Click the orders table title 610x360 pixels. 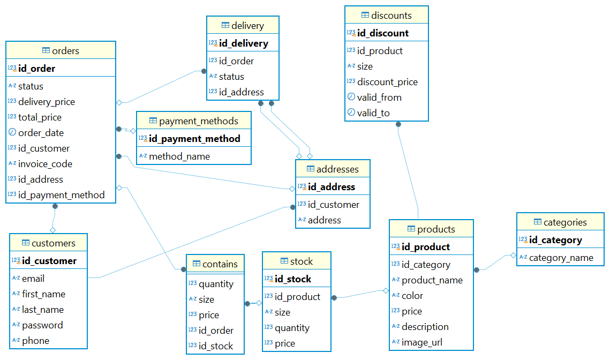[x=65, y=51]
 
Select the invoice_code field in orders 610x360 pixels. [x=45, y=164]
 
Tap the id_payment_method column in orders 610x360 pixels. [x=61, y=195]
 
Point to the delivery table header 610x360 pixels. [x=247, y=26]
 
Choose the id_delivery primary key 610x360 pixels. [x=243, y=43]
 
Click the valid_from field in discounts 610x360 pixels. [x=379, y=97]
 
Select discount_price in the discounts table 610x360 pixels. [x=387, y=82]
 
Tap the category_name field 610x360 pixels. [x=561, y=258]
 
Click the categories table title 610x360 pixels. [x=565, y=222]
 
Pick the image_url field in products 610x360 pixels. [x=422, y=342]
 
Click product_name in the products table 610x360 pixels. [x=432, y=280]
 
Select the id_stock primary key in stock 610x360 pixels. [x=292, y=279]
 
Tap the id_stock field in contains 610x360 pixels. [x=216, y=346]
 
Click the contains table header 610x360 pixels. [x=220, y=264]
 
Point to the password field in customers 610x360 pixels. [x=42, y=325]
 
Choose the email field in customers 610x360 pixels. [x=33, y=279]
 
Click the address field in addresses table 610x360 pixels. [x=324, y=220]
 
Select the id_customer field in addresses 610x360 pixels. [x=333, y=205]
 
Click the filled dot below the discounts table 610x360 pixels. [x=398, y=124]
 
